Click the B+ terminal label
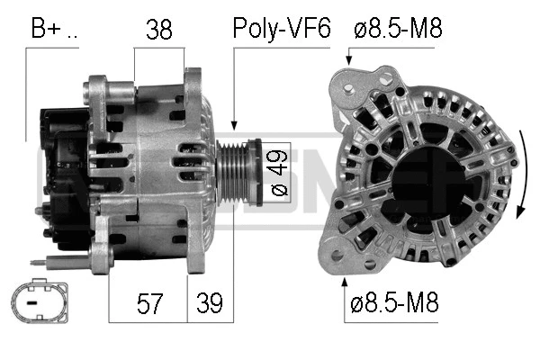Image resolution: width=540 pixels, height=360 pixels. (53, 29)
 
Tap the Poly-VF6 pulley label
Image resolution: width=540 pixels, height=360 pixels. (281, 29)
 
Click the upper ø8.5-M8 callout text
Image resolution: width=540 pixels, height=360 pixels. (398, 29)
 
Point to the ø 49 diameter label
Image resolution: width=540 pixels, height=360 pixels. (278, 173)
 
